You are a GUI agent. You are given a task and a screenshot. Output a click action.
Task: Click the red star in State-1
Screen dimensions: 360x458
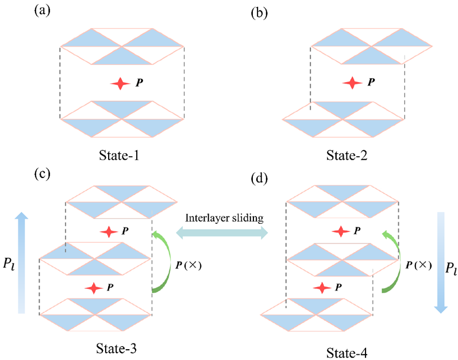(x=121, y=84)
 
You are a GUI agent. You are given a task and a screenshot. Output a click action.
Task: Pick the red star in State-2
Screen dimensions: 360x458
(x=348, y=84)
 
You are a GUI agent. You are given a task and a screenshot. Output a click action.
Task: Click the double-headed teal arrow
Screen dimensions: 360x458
(x=222, y=232)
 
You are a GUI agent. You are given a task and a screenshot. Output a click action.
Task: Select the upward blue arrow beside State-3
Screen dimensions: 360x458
(x=22, y=262)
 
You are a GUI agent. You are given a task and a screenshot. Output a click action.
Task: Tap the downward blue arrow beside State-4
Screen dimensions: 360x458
(x=440, y=262)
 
